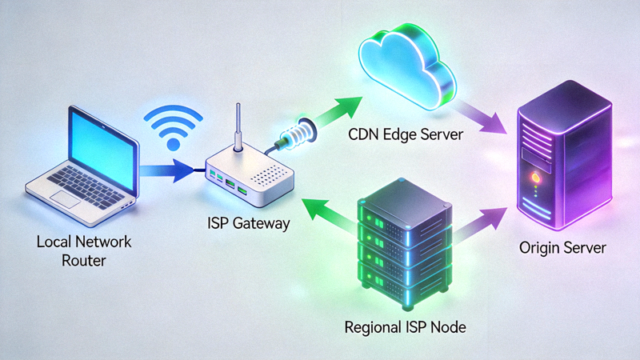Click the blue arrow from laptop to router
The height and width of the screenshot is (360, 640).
168,169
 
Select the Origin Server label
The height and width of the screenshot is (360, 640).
565,249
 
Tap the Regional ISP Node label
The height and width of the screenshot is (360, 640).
404,327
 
